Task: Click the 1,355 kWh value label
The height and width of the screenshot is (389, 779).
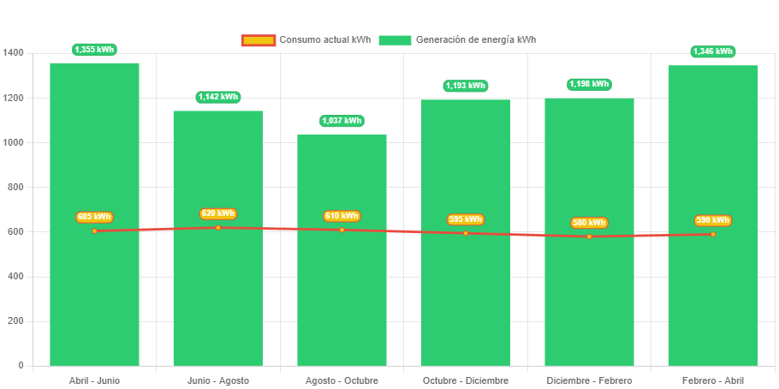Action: (x=94, y=50)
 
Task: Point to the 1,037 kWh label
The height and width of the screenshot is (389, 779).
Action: (x=342, y=121)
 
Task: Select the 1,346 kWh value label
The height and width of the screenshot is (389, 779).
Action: (x=713, y=51)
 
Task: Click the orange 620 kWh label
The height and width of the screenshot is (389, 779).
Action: (x=218, y=213)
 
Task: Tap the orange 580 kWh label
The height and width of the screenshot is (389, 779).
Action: (x=589, y=223)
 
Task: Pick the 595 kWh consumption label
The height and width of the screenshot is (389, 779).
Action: (x=466, y=219)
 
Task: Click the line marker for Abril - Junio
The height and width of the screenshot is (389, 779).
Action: (x=94, y=230)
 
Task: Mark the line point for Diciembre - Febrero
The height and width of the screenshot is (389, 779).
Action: (x=589, y=236)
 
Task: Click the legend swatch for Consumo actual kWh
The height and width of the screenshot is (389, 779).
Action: (x=258, y=40)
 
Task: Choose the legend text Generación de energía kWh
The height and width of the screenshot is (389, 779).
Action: (x=476, y=40)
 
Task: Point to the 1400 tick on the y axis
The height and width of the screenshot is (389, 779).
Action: (x=14, y=53)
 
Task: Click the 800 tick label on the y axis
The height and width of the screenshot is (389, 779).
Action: (x=15, y=187)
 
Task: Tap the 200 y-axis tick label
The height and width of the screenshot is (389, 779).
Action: (x=15, y=320)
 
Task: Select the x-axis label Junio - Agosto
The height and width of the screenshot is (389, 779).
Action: (x=218, y=380)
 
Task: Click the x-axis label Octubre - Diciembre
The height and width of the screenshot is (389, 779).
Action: (x=466, y=380)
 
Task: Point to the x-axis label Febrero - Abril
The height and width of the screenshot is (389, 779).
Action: (x=713, y=380)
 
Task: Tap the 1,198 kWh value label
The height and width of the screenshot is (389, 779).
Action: (x=589, y=84)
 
